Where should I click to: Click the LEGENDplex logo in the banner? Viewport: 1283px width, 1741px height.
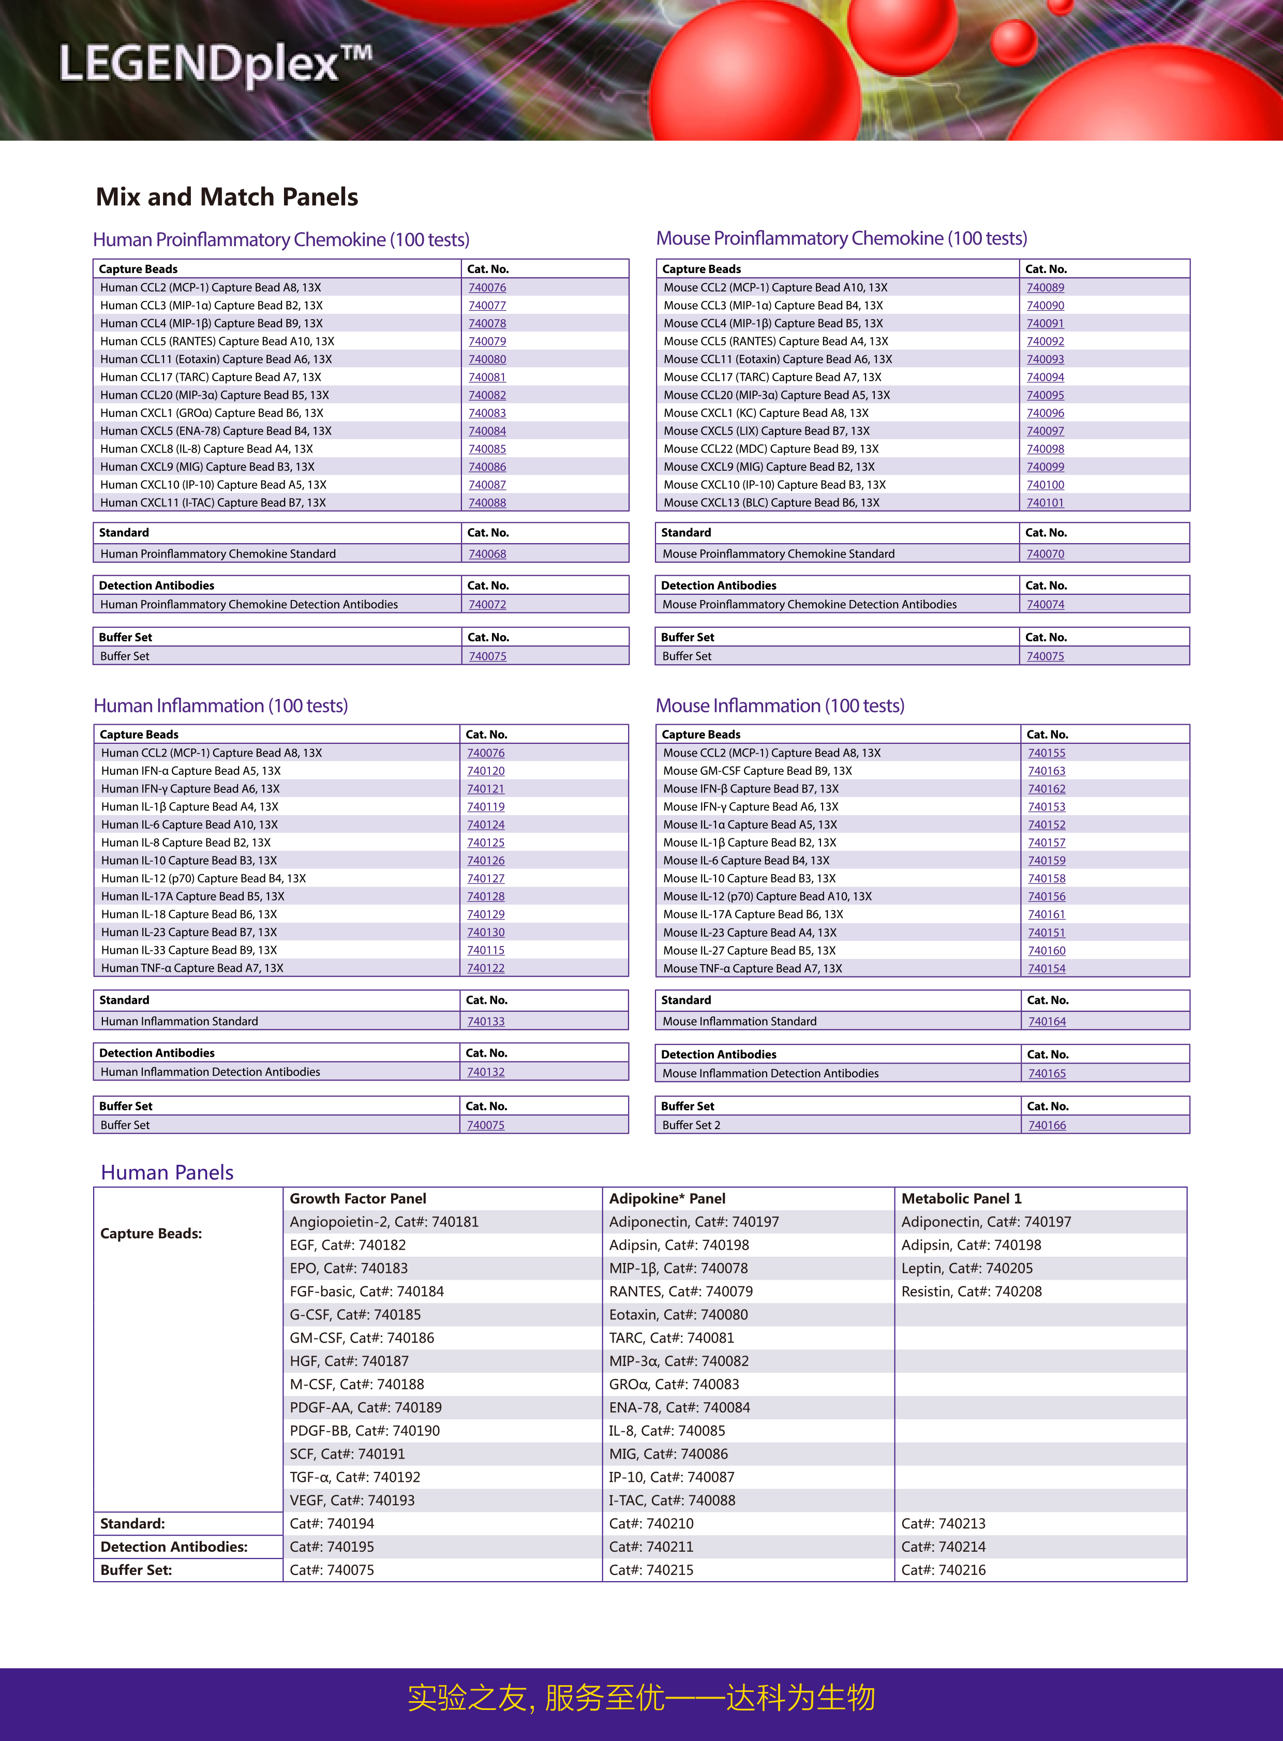pos(215,65)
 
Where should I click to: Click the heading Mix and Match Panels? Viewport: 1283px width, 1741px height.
pos(227,197)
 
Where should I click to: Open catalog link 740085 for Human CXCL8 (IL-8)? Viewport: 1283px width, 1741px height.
pos(487,449)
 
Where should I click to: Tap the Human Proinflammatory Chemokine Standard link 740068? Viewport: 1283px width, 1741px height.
pos(487,553)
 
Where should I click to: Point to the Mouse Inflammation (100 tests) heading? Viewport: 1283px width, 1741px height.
pos(780,706)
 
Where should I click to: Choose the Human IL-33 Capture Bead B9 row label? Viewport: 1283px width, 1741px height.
pos(189,950)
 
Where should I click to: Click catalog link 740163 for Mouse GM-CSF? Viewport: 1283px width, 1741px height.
pos(1046,771)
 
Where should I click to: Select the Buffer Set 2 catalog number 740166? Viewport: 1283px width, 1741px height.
pos(1046,1125)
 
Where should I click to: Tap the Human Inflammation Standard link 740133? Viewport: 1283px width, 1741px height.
pos(485,1021)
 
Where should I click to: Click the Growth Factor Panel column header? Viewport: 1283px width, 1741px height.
pos(358,1198)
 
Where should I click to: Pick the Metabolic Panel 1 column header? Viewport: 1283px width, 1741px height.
pos(961,1198)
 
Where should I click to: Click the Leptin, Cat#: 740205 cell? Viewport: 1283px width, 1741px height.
pos(967,1268)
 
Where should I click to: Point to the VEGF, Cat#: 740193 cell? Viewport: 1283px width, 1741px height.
pos(352,1500)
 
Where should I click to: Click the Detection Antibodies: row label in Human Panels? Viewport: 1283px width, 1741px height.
pos(174,1547)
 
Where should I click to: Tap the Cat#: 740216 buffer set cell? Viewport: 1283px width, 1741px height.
pos(943,1570)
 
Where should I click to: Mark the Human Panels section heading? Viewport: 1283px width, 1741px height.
pos(167,1173)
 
